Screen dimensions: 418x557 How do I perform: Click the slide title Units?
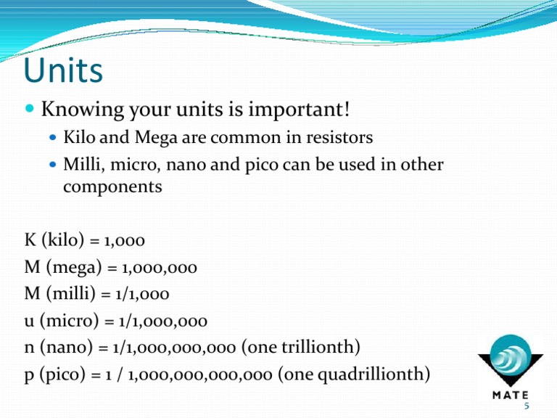(63, 71)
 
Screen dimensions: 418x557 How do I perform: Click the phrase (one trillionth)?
(301, 347)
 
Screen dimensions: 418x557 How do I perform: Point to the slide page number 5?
(535, 406)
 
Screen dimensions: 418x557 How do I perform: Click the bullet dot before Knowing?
(30, 111)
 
